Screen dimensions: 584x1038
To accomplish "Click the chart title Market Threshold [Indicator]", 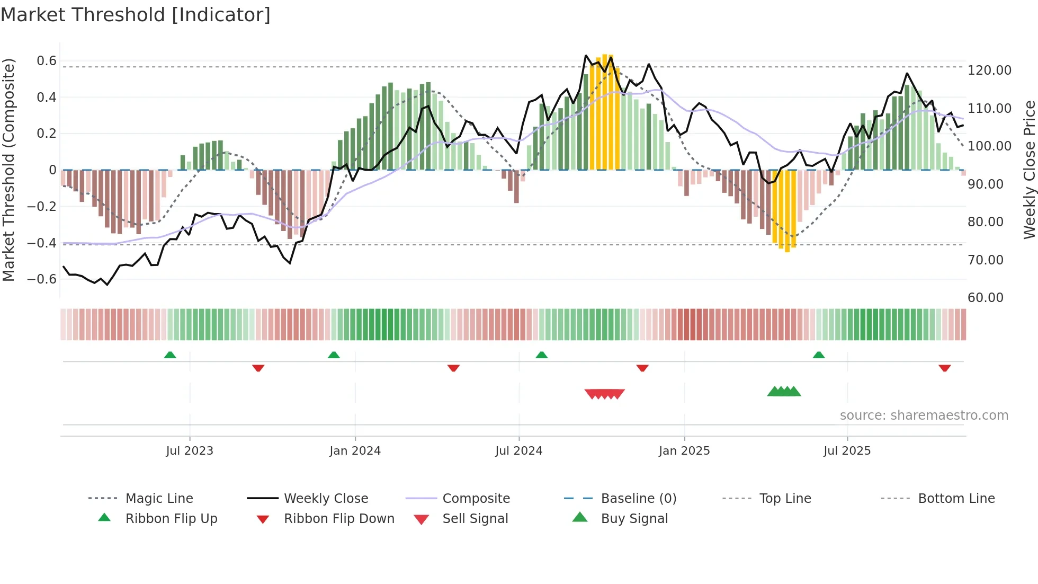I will click(136, 15).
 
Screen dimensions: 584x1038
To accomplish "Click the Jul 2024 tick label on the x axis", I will click(518, 451).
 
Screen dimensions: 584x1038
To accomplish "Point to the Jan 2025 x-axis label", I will click(684, 451).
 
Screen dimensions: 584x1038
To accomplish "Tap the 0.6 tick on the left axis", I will click(47, 61).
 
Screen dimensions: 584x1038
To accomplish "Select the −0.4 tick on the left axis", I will click(42, 243).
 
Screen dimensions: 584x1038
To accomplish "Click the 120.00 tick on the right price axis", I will click(989, 70).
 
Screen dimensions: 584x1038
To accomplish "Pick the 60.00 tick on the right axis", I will click(985, 298).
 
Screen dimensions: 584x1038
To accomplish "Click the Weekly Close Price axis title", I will click(1029, 170).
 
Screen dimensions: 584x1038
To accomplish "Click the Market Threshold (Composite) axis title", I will click(8, 170).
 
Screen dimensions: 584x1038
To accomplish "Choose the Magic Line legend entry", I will click(159, 499).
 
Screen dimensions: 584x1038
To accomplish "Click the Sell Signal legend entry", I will click(475, 519).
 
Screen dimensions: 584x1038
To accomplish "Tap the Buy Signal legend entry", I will click(634, 519).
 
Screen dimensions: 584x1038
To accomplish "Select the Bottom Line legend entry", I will click(956, 499).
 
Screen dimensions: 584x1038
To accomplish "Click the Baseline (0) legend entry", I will click(638, 499).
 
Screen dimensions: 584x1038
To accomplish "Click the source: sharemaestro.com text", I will click(924, 415).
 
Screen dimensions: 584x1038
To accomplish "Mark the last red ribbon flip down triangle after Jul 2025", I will click(944, 368).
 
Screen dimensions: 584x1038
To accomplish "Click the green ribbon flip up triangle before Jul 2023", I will click(170, 355).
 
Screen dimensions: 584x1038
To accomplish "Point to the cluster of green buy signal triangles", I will click(784, 392).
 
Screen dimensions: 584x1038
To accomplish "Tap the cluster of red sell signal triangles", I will click(604, 394).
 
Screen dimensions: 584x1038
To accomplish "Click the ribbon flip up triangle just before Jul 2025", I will click(819, 355).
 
